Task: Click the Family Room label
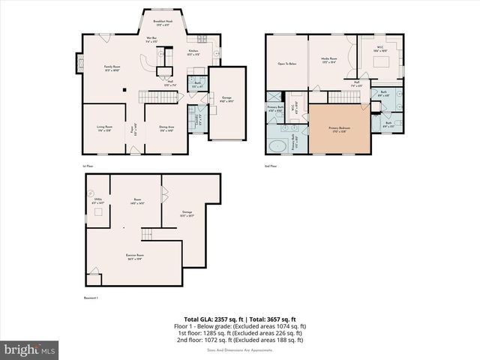tap(113, 68)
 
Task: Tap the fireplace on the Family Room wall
tap(76, 64)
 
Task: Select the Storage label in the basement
tap(187, 214)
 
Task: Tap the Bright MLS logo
tap(30, 349)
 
